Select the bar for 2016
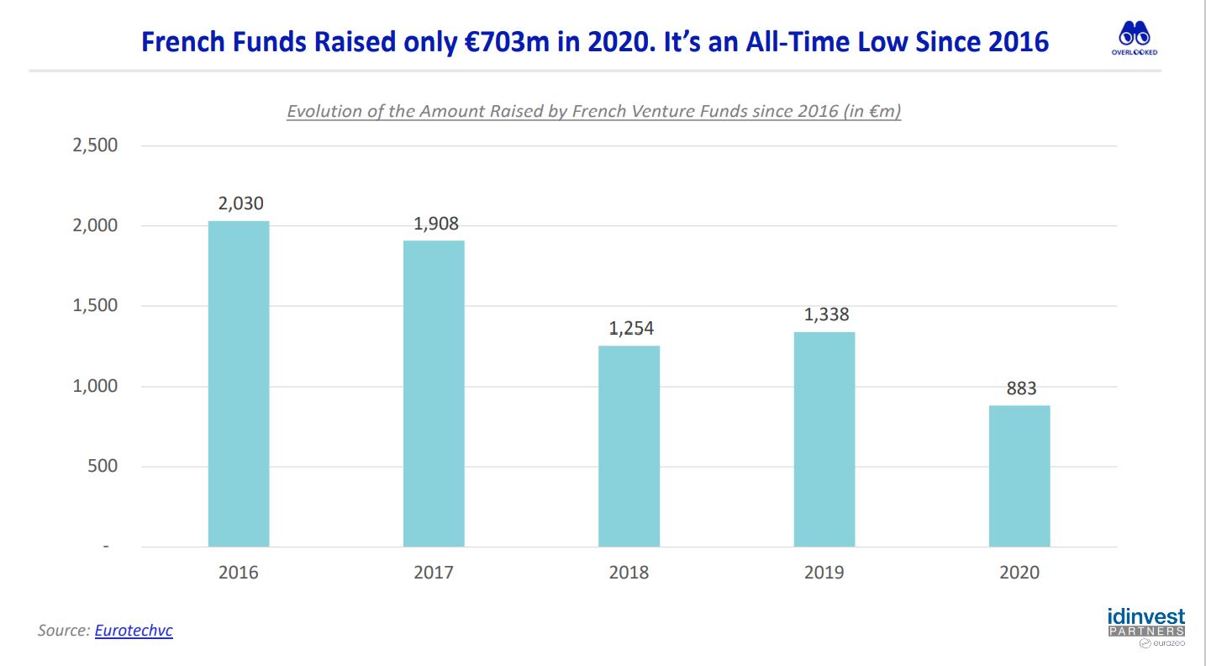239,383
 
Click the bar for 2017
434,394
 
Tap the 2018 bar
629,447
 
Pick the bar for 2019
824,439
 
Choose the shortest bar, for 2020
1019,476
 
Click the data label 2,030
240,203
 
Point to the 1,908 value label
436,223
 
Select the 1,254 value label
631,328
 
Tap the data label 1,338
826,314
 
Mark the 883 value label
1021,388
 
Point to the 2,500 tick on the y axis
95,145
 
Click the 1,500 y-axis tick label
95,305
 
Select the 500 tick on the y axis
103,466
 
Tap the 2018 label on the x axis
629,572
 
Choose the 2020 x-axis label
1019,572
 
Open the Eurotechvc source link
134,630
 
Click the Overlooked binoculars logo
1135,38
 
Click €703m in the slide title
507,42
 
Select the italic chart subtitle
594,111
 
